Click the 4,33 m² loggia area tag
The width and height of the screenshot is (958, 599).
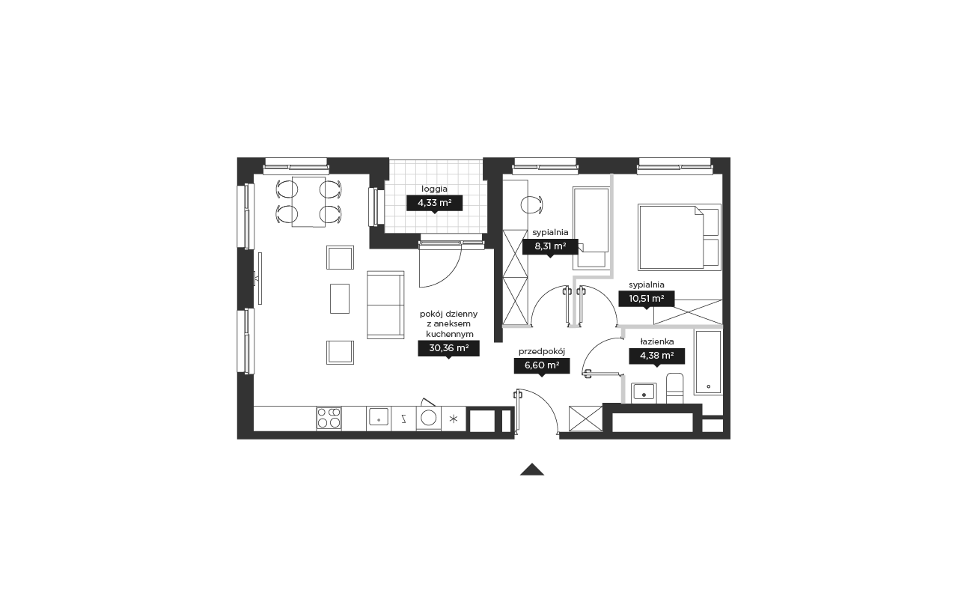pos(434,203)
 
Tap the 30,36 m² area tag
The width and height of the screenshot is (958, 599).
pos(448,348)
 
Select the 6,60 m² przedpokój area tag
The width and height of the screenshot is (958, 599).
pos(541,366)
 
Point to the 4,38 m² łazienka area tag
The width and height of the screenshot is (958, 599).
pos(656,356)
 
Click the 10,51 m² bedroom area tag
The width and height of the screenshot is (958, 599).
pos(646,299)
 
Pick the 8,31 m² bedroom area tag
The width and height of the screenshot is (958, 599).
pos(550,246)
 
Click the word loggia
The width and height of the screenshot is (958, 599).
pos(434,189)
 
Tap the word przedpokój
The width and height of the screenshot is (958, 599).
pos(541,352)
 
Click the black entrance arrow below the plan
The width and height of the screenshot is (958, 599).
pos(531,469)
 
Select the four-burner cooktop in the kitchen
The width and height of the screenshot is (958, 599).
pos(329,418)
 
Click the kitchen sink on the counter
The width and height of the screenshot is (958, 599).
pos(379,416)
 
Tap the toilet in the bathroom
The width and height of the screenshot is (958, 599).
pos(675,389)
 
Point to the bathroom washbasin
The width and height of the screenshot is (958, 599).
pos(644,392)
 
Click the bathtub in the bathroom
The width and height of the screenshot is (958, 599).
pos(708,362)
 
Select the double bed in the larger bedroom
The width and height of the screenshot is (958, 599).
pos(680,237)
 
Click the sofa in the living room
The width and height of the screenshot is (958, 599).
pos(385,305)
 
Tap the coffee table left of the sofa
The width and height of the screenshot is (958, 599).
pos(340,299)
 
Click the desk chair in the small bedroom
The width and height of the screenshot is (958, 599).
pos(532,204)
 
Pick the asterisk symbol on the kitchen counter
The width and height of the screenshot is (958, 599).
pos(454,419)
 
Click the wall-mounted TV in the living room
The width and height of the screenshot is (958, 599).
pos(259,279)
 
